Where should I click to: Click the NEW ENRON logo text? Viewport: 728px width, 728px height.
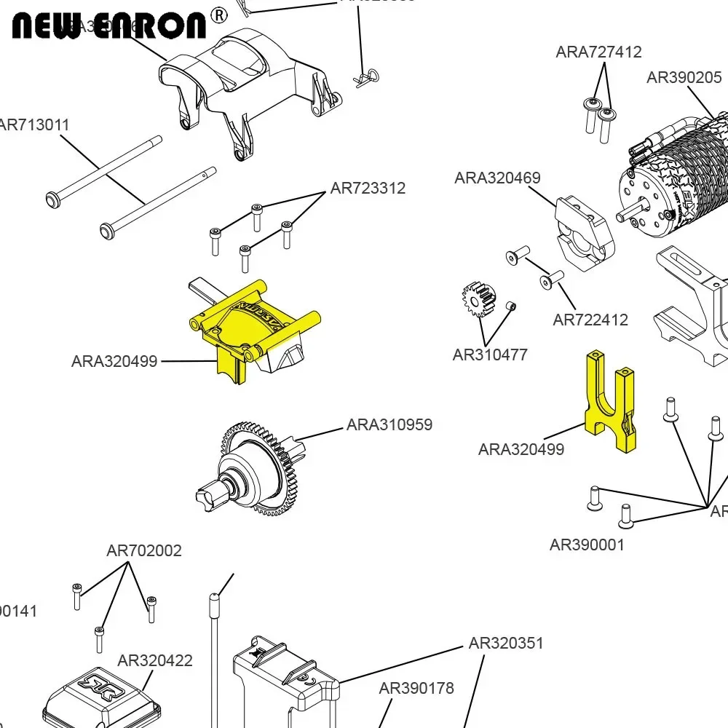109,25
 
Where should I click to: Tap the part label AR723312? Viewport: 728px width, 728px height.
368,188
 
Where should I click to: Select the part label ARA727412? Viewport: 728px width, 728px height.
598,52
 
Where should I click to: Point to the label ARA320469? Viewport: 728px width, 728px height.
497,178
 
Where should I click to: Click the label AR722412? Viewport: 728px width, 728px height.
590,320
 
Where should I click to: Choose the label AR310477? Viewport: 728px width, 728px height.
490,355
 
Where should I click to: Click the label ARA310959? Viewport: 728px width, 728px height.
389,424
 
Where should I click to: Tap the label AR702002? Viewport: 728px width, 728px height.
144,550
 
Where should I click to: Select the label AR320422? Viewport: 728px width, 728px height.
155,660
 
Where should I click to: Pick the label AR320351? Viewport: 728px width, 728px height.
506,643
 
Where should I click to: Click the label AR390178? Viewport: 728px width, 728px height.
416,688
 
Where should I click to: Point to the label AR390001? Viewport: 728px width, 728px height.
587,545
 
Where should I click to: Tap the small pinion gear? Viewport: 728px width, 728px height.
478,301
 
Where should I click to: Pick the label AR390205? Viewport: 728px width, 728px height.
684,77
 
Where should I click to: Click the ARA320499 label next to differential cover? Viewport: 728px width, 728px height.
114,361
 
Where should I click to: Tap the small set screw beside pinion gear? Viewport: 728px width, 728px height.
511,306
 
